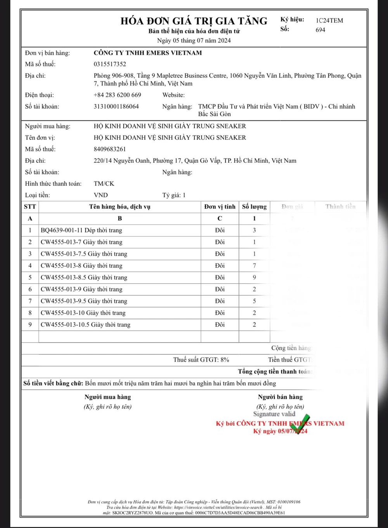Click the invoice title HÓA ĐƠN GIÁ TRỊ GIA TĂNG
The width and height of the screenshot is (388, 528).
(x=194, y=21)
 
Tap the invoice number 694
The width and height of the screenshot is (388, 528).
(x=320, y=30)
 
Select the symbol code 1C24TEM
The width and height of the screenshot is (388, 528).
(x=329, y=21)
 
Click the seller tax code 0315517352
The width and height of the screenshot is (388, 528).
(x=110, y=64)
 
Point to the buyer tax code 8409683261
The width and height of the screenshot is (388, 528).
(x=110, y=149)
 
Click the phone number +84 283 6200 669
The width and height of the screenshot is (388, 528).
(x=117, y=95)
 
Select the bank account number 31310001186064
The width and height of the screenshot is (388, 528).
(x=116, y=106)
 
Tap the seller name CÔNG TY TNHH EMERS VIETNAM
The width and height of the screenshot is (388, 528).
(x=147, y=53)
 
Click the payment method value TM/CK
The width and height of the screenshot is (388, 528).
(x=104, y=183)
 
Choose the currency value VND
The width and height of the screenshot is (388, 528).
(x=100, y=195)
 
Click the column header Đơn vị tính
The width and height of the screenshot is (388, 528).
(x=220, y=207)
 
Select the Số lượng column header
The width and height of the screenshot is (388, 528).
(x=254, y=207)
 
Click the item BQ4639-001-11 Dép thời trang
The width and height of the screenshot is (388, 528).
(x=81, y=230)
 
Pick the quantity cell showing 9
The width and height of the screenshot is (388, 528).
(x=254, y=277)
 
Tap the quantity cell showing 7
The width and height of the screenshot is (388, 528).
(x=254, y=266)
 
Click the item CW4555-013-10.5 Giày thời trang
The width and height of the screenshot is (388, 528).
(x=85, y=325)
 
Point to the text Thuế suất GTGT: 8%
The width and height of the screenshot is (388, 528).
(x=201, y=360)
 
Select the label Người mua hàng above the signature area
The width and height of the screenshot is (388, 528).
(x=107, y=397)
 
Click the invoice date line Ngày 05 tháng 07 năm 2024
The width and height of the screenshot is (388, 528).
(x=194, y=40)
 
